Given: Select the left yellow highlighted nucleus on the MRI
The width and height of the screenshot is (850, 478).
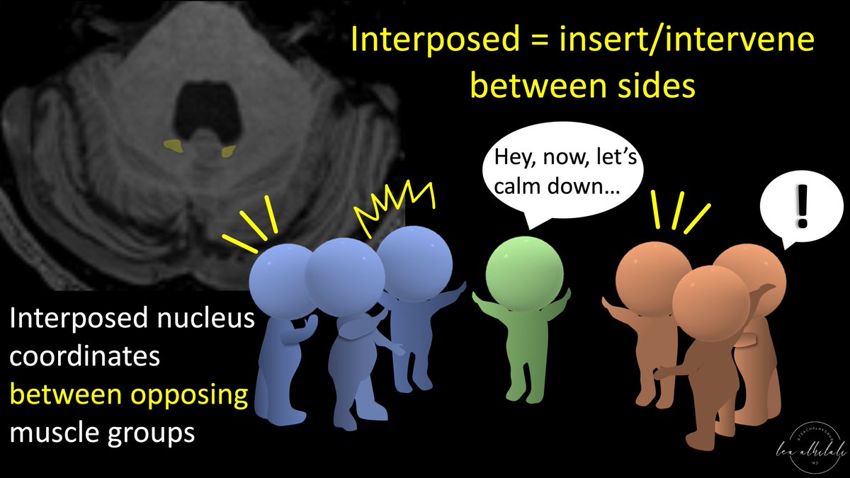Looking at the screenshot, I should click(x=171, y=147).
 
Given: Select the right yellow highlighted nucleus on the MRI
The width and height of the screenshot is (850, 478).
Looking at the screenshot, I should click(x=228, y=151).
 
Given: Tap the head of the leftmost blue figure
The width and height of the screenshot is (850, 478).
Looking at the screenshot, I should click(x=282, y=273).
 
